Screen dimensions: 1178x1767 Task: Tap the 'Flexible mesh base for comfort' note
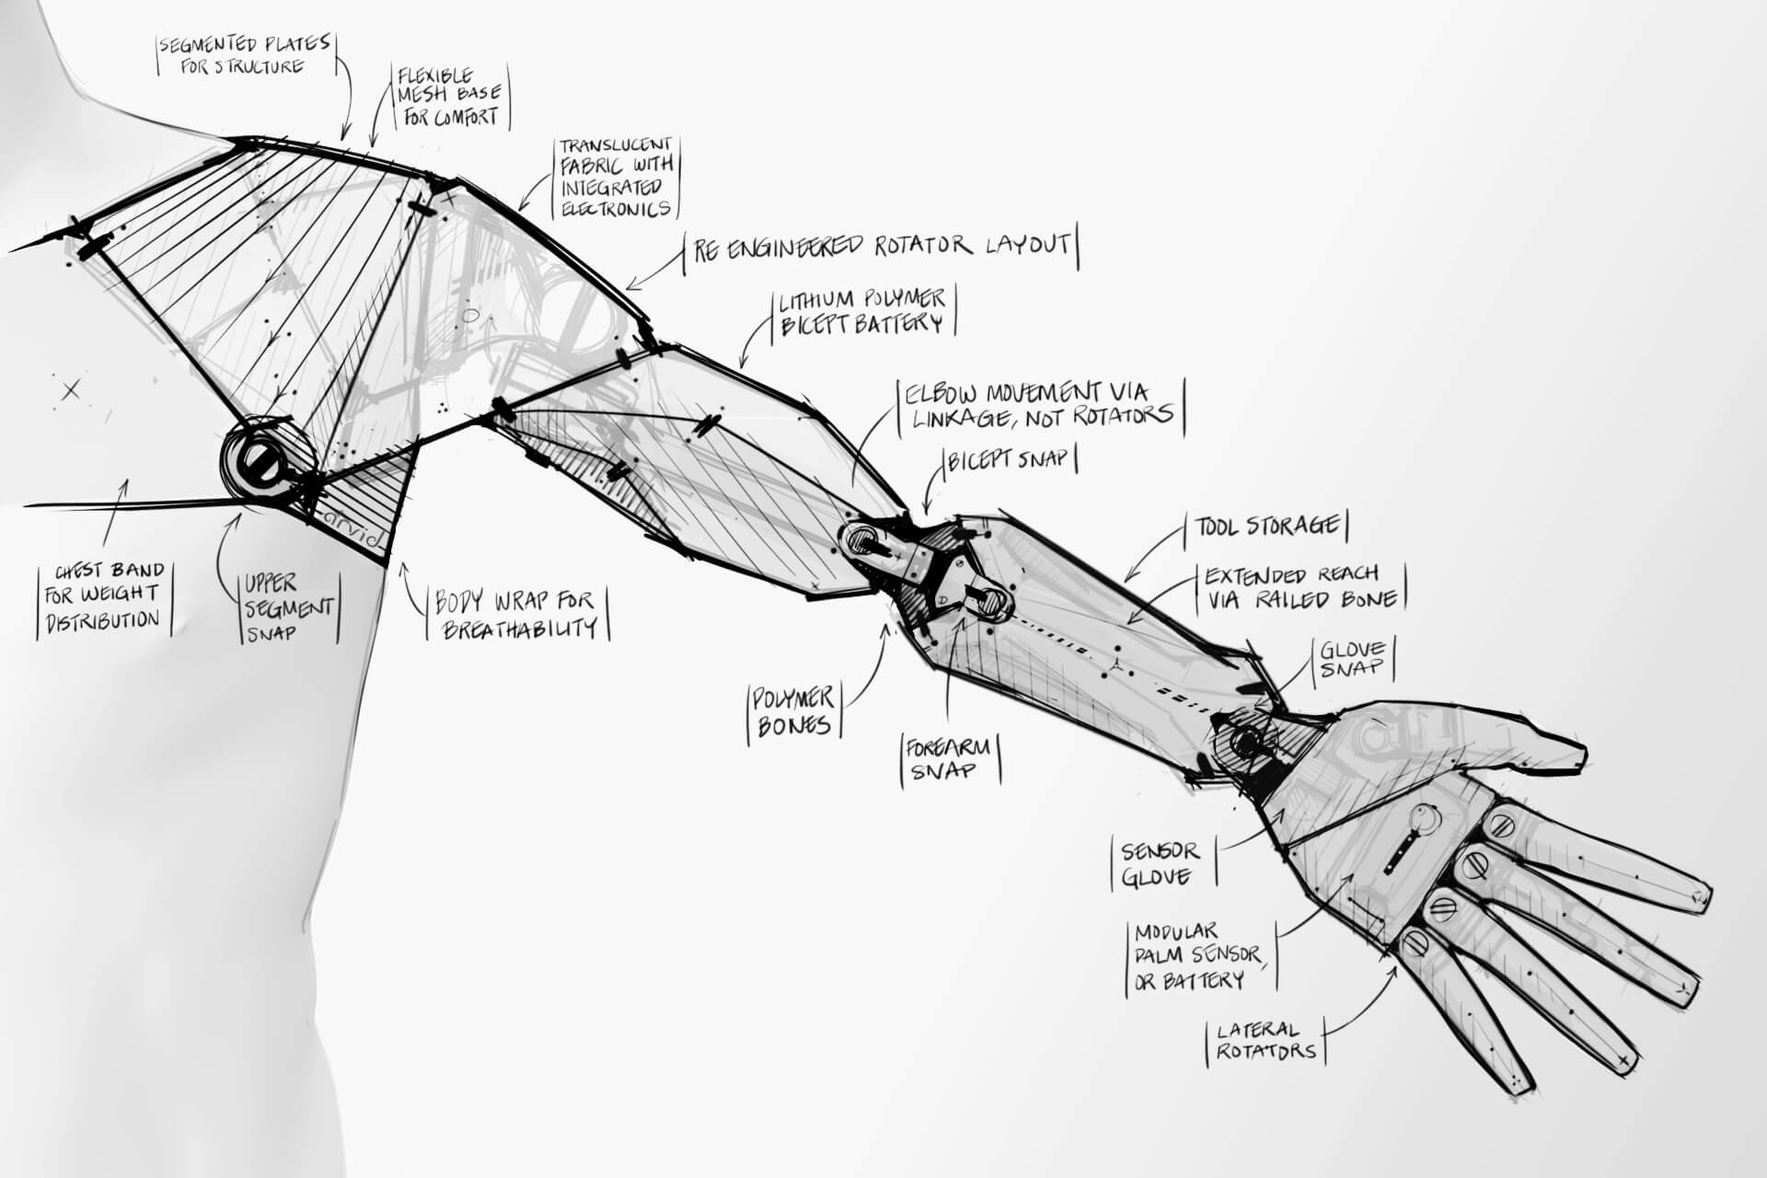tap(450, 96)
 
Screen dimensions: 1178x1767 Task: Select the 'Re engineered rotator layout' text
tap(881, 247)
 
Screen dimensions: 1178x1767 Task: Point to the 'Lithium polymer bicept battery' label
tap(861, 311)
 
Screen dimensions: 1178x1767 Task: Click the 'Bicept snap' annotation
tap(1010, 459)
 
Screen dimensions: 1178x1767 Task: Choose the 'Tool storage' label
tap(1267, 526)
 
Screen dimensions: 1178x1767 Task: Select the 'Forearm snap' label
tap(948, 758)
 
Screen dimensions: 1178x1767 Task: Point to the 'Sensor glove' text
tap(1160, 862)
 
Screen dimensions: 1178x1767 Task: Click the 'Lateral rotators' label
tap(1265, 1040)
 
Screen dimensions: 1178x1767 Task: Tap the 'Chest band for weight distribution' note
tap(103, 595)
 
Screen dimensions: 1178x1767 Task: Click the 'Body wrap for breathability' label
tap(516, 615)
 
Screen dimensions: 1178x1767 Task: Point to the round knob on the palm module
tap(1425, 816)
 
